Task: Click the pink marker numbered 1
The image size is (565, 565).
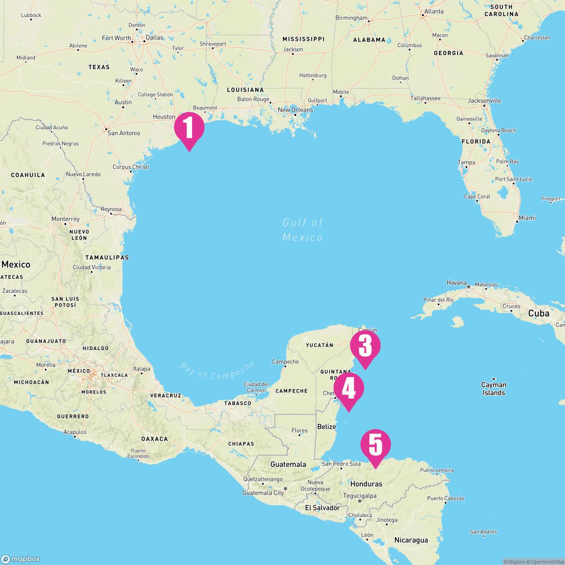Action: coord(189,128)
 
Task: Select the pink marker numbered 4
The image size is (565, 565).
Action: coord(348,388)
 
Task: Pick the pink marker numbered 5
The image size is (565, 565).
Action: coord(375,445)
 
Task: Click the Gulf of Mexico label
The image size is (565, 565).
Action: coord(302,230)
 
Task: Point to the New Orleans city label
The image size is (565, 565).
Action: coord(295,110)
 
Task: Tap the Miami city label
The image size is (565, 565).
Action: coord(527,218)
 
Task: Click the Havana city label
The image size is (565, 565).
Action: coord(456,283)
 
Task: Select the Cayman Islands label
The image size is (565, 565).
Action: coord(493,388)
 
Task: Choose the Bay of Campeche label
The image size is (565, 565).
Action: coord(217,371)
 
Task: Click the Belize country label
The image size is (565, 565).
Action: coord(327,427)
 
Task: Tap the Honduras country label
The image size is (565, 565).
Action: coord(366,484)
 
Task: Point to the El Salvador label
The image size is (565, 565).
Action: coord(322,508)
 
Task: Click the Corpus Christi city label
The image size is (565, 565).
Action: coord(130,167)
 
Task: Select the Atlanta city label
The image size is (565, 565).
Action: coord(433,11)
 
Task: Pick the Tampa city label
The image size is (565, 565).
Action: coord(466,162)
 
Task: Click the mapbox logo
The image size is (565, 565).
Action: coord(21,559)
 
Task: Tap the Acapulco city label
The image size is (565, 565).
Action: coord(74,432)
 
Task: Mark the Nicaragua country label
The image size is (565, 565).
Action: coord(411,540)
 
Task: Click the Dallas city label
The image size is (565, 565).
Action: coord(154,38)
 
